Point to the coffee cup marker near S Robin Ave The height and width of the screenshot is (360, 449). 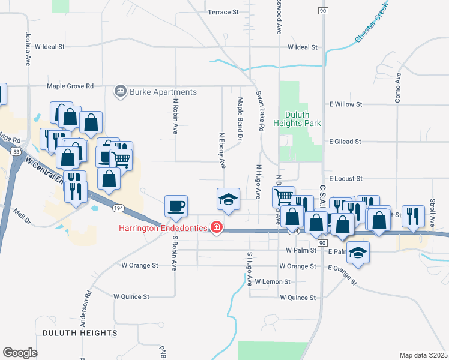point(176,206)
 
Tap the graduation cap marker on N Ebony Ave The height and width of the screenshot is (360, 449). point(228,199)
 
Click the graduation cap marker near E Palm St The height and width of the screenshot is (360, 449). point(358,252)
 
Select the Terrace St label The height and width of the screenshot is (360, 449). point(223,11)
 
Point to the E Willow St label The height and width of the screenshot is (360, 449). point(345,104)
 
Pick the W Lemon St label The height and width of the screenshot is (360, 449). point(272,281)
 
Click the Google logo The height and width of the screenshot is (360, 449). point(20,353)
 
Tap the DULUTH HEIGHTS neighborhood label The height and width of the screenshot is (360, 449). point(80,332)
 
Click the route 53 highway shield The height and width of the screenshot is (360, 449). point(16,152)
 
